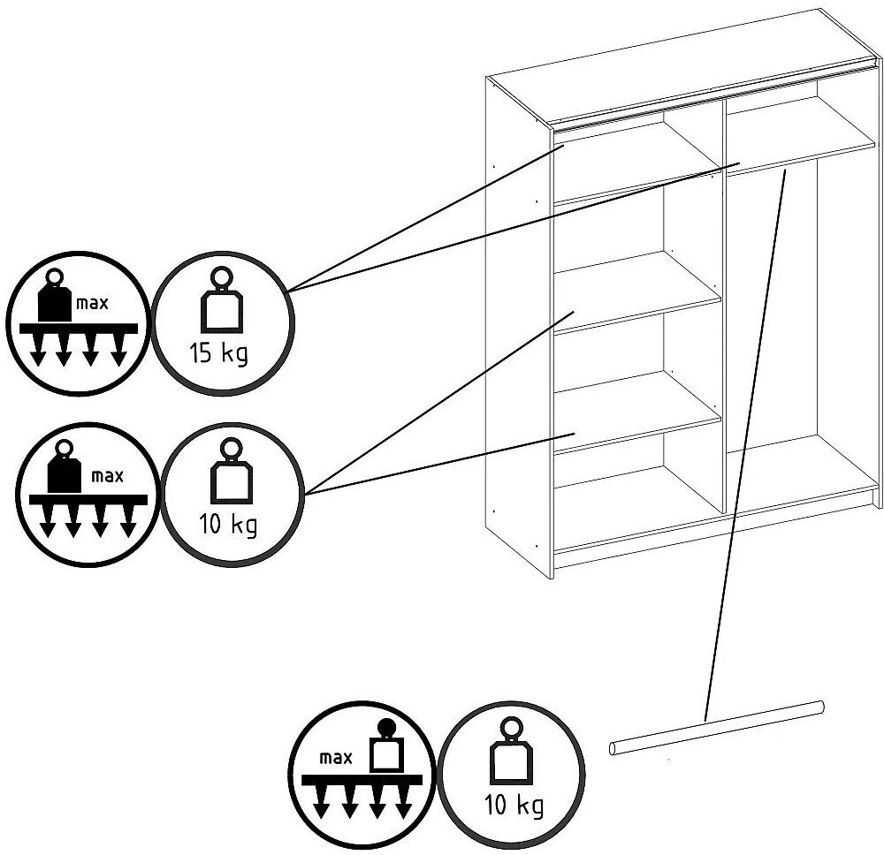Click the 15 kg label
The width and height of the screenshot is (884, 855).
pos(218,353)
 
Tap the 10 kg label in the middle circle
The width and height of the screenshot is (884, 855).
pos(228,525)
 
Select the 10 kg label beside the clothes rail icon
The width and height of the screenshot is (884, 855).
pos(514,805)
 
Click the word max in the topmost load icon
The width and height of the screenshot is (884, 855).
pos(92,304)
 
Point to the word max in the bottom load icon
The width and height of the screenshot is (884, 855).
pos(335,758)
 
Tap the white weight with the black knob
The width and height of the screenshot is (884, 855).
pos(385,746)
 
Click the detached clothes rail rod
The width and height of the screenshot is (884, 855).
pos(717,728)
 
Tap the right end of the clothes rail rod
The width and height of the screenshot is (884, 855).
pos(822,707)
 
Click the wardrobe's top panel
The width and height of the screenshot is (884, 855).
pos(682,64)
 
